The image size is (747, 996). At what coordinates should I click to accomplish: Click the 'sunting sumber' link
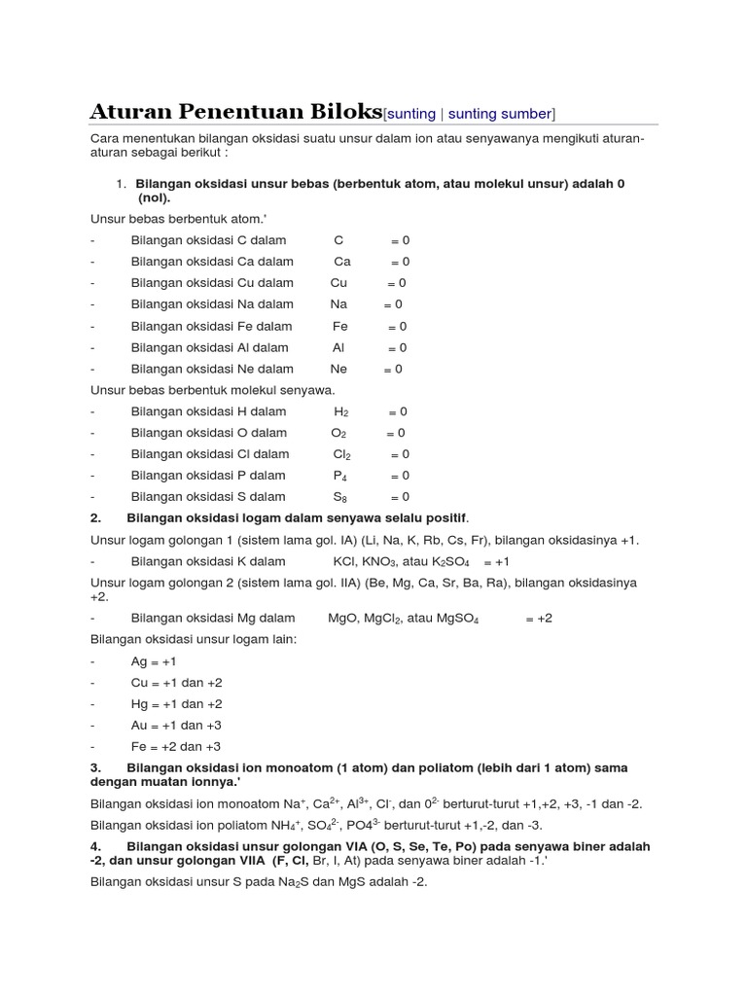click(x=500, y=114)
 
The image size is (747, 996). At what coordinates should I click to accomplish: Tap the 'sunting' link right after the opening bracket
click(x=412, y=114)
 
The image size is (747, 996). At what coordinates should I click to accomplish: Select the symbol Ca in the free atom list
click(x=341, y=262)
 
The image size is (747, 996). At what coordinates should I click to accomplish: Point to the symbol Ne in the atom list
click(x=338, y=369)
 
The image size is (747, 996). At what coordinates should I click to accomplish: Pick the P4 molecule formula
click(x=340, y=476)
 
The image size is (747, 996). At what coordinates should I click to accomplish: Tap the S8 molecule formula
click(x=340, y=497)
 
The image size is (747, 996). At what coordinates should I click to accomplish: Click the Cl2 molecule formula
click(x=341, y=454)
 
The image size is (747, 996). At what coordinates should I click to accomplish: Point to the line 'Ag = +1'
click(x=154, y=660)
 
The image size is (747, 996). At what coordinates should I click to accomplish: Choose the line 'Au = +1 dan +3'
click(x=176, y=725)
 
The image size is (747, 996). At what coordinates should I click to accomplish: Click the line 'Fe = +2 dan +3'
click(x=176, y=746)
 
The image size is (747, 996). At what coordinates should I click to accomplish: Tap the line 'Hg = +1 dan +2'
click(x=176, y=703)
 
